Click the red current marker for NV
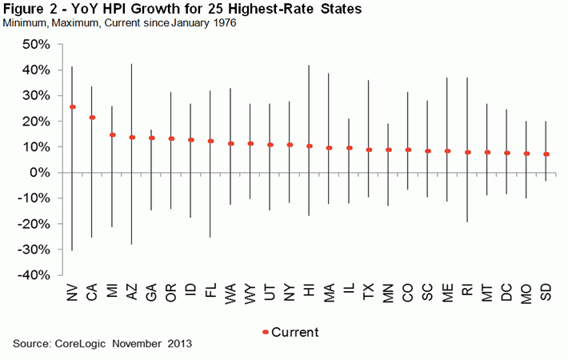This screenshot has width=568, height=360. click(x=73, y=106)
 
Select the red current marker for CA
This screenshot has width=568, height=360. click(x=92, y=118)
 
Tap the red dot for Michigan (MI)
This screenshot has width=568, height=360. click(x=112, y=135)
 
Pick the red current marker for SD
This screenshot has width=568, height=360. click(x=546, y=154)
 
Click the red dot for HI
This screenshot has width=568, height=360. click(x=310, y=146)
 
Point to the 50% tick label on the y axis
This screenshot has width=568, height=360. click(x=37, y=45)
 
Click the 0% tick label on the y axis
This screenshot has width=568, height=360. click(x=41, y=173)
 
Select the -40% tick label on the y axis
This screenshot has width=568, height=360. click(x=34, y=275)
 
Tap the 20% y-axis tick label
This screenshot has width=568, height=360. click(x=37, y=122)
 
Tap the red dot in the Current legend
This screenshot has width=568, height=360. click(x=266, y=331)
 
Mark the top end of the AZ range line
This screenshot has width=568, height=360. click(x=131, y=64)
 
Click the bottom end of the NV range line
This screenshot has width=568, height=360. click(x=73, y=250)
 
